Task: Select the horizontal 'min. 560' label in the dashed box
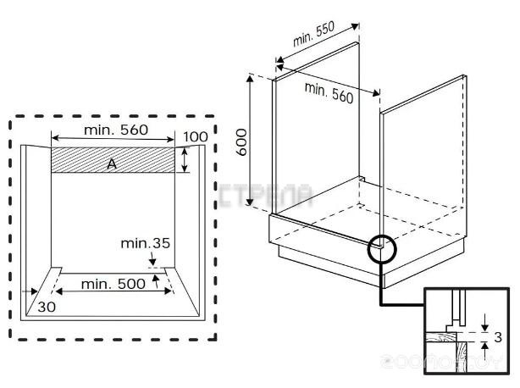117,130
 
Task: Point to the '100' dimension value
195,137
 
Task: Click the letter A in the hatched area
111,164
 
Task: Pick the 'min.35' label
145,243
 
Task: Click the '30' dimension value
47,307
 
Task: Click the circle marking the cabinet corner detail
383,247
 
